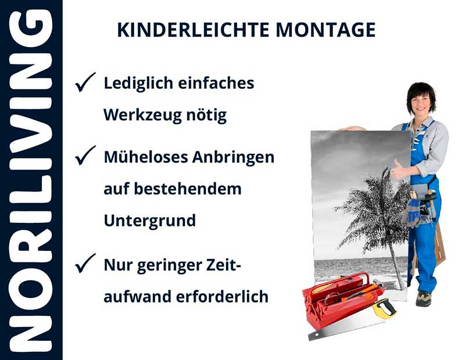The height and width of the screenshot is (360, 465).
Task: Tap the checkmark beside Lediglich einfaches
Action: coord(85,84)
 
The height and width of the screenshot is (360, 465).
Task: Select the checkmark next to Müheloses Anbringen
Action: coord(85,156)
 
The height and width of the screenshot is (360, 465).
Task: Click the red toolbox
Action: coord(337,302)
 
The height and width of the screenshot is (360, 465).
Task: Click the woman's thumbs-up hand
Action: coord(400,171)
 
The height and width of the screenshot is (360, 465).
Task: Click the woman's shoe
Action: coord(424,298)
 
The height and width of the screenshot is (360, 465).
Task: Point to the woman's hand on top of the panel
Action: coord(352,128)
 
